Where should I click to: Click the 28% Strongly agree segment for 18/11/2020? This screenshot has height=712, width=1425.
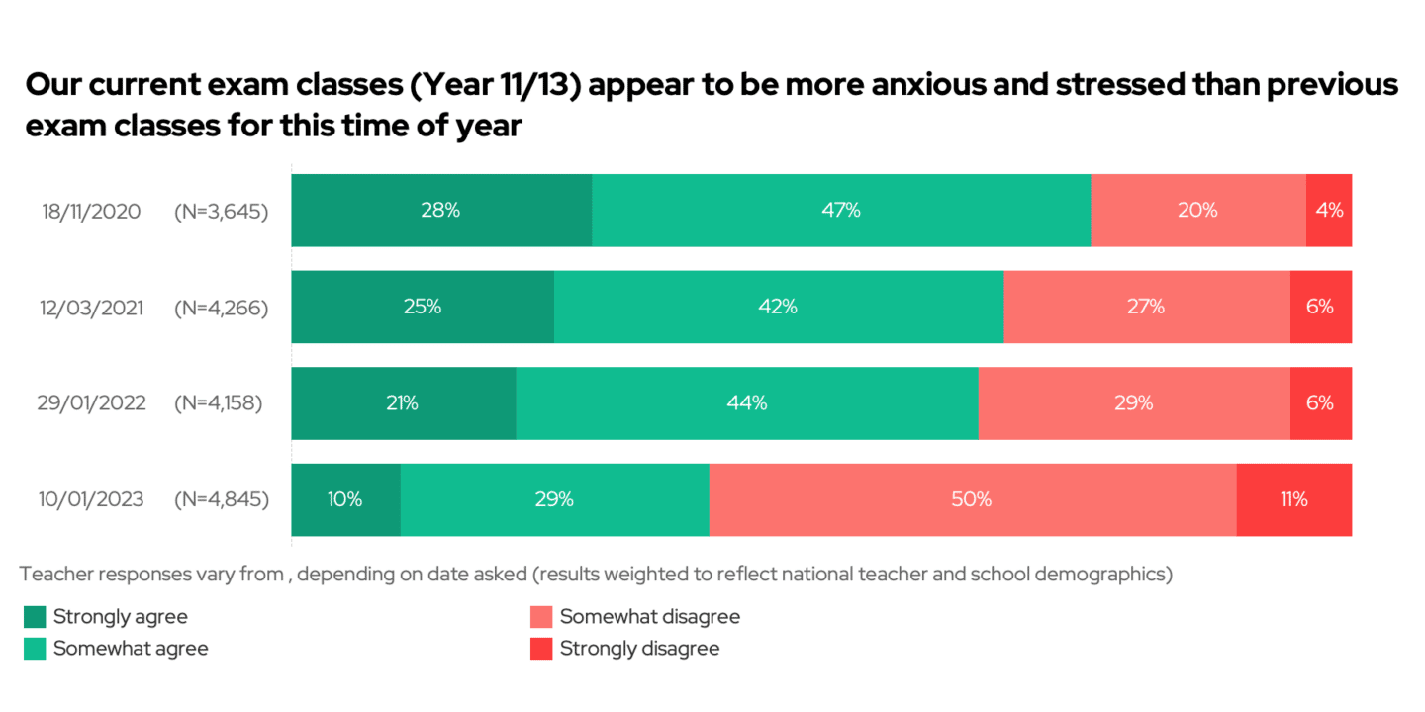(440, 211)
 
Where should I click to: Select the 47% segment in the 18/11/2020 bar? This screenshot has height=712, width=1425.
(841, 211)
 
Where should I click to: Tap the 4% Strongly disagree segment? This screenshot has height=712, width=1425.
(1329, 211)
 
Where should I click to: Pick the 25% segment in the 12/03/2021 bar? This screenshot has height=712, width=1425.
(422, 307)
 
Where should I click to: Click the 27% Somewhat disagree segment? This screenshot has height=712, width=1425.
(1146, 307)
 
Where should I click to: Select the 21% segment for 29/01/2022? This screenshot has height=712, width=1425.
(403, 402)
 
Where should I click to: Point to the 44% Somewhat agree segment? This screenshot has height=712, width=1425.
(747, 402)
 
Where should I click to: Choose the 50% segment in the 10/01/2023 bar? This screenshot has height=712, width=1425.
(972, 499)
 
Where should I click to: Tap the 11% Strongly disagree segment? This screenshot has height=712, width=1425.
(1293, 499)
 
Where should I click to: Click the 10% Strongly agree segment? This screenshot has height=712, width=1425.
(345, 499)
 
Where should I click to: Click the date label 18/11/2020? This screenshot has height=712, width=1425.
(91, 212)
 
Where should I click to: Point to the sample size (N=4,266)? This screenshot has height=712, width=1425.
(222, 308)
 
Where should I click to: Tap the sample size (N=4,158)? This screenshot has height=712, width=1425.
(219, 403)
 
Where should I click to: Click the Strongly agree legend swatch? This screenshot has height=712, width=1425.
(35, 617)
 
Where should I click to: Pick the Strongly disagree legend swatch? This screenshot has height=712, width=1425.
(541, 649)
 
